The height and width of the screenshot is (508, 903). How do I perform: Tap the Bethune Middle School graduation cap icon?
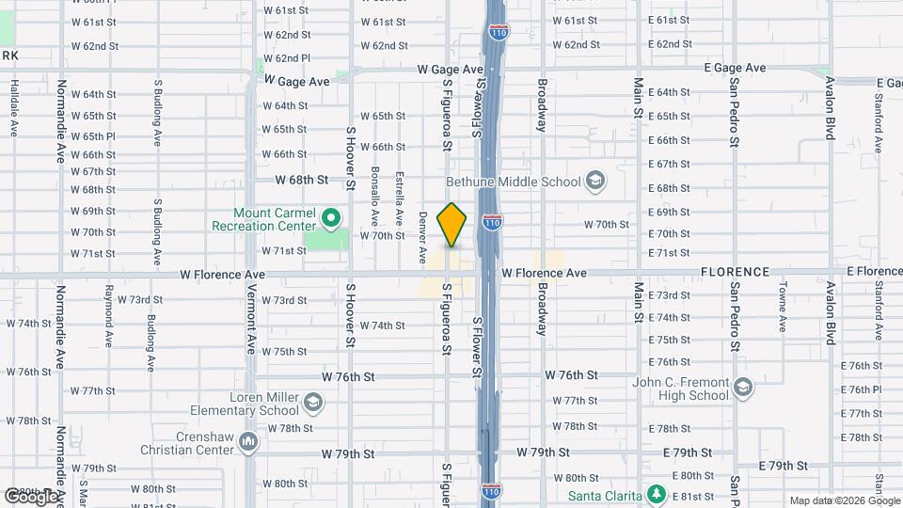click(x=594, y=179)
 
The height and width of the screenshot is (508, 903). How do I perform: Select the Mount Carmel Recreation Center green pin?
click(x=330, y=218)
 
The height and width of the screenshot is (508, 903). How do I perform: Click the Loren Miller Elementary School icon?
click(x=313, y=404)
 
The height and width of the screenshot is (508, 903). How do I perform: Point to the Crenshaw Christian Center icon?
click(x=248, y=440)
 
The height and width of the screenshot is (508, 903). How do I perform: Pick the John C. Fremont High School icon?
click(x=743, y=389)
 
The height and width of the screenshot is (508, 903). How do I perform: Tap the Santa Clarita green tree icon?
click(x=657, y=494)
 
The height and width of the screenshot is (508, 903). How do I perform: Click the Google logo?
click(x=30, y=496)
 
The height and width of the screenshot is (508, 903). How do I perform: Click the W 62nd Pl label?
click(x=287, y=58)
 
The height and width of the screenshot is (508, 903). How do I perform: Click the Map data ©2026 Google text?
click(x=843, y=500)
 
